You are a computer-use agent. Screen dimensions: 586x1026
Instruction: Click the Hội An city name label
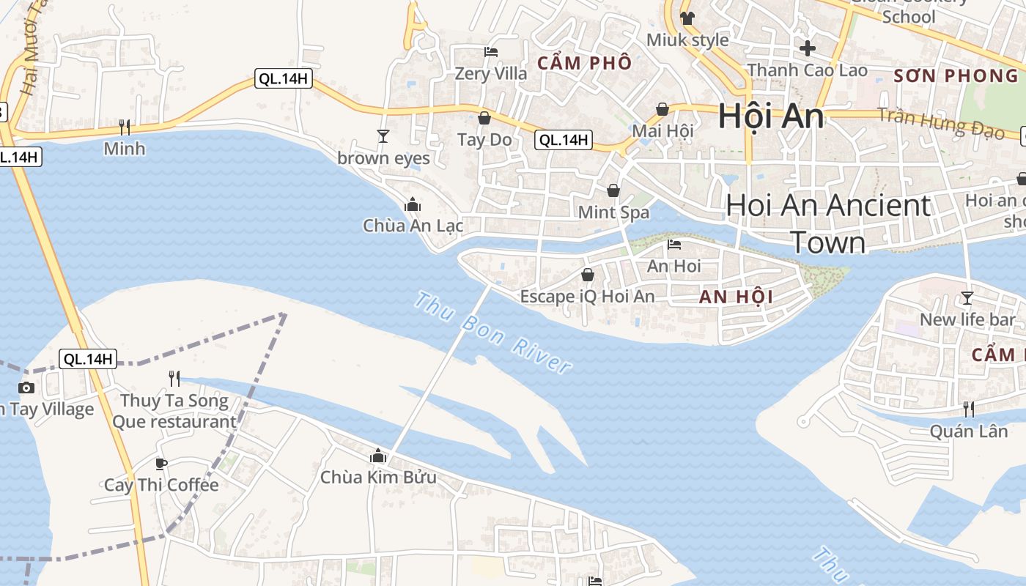(x=771, y=116)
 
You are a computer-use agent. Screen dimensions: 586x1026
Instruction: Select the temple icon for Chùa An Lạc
(x=413, y=204)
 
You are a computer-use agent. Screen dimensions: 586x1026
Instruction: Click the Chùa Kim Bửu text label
(x=378, y=478)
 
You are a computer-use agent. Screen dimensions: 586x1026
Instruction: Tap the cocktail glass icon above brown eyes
(x=383, y=136)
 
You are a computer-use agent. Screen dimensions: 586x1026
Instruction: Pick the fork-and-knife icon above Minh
(x=125, y=127)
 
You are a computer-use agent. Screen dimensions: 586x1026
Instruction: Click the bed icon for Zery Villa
(x=491, y=52)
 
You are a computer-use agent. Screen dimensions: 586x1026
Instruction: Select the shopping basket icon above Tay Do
(x=484, y=118)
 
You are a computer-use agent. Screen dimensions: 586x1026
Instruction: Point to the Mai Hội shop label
(x=663, y=131)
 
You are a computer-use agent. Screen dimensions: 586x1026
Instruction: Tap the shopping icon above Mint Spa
(x=613, y=191)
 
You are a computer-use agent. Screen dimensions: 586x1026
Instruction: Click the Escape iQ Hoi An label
(x=587, y=297)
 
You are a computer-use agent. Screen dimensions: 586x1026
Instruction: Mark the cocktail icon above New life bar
(x=967, y=298)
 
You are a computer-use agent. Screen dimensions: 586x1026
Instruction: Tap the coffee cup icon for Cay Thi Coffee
(x=161, y=464)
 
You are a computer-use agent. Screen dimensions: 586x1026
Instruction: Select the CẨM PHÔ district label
(x=584, y=63)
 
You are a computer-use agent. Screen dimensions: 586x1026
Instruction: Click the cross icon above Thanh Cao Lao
(x=808, y=49)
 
